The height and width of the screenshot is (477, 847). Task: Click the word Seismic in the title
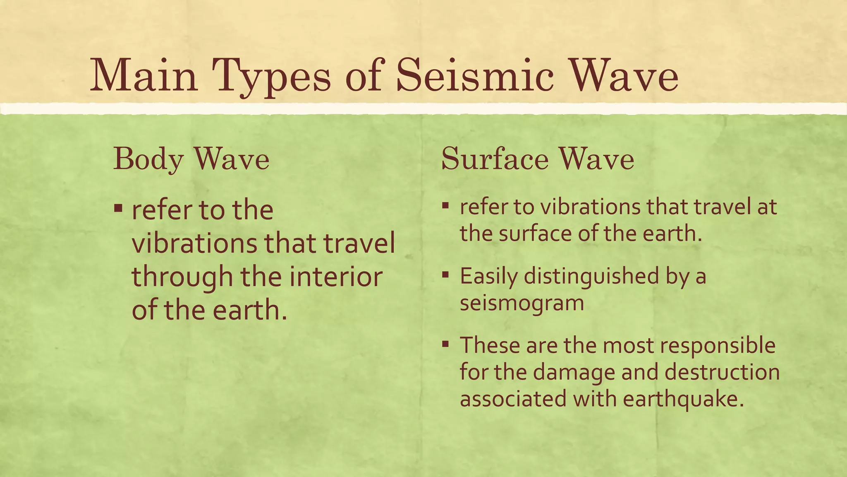click(x=474, y=76)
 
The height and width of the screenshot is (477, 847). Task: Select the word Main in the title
click(x=144, y=76)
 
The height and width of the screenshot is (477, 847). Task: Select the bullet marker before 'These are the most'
click(x=445, y=343)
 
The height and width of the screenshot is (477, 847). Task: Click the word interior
click(x=335, y=277)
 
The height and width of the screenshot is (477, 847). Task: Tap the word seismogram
click(x=522, y=303)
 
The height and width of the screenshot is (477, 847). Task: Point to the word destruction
click(x=722, y=372)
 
